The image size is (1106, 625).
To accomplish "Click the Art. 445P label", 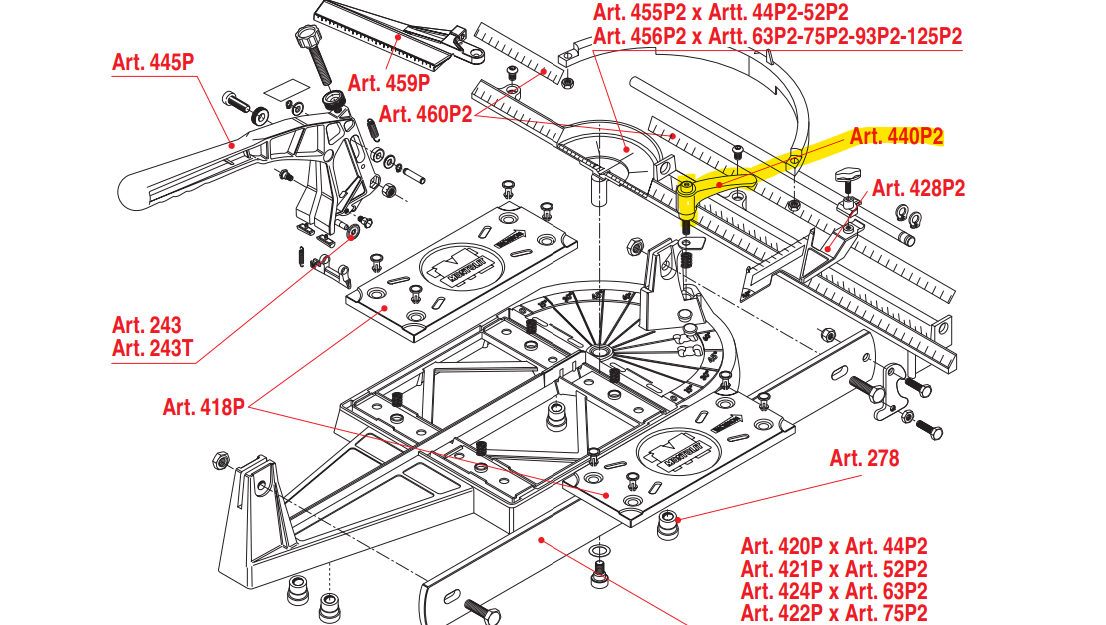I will [153, 61].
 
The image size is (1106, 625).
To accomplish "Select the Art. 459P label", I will [389, 82].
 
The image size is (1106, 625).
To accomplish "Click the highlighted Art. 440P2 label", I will [896, 137].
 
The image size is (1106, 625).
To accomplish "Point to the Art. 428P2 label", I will [919, 187].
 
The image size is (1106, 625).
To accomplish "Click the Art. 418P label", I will [204, 407].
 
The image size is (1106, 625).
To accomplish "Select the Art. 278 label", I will [864, 458].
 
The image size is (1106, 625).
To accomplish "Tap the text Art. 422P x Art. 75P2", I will [834, 613].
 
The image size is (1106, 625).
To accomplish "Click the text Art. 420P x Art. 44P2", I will [834, 546].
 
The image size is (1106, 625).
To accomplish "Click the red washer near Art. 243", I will [354, 232].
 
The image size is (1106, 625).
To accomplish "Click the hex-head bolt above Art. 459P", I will [309, 41].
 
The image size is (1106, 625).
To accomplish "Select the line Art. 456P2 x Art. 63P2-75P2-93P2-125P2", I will [777, 37].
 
